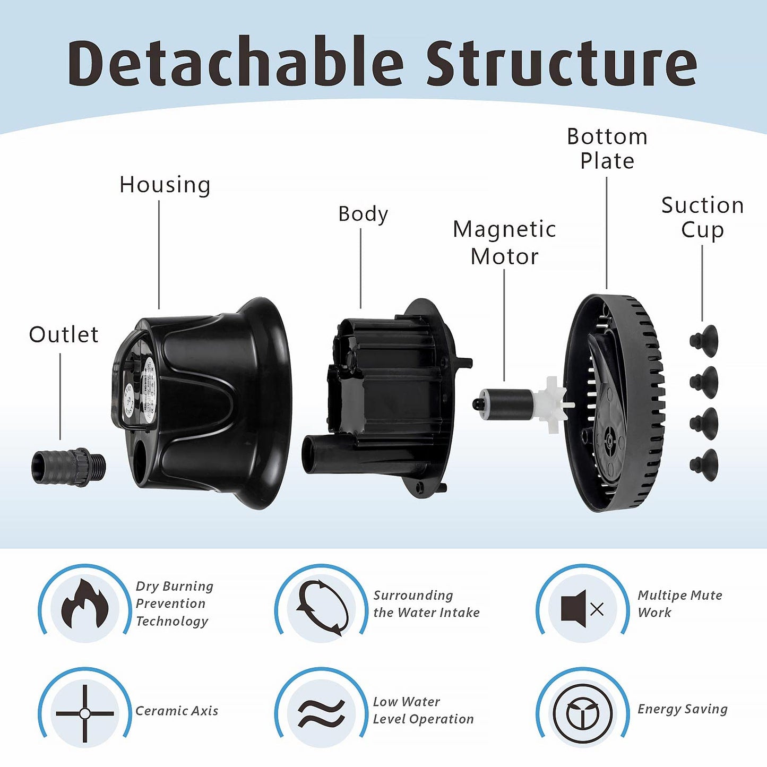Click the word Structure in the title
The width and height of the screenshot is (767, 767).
561,62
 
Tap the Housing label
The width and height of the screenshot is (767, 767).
165,185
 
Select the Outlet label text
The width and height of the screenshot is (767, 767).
64,335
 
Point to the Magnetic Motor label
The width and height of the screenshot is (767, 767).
504,243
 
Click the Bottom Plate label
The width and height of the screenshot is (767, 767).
607,149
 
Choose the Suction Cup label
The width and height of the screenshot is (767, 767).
702,218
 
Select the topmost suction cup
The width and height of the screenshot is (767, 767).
704,340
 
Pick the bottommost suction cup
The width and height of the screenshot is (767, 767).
704,465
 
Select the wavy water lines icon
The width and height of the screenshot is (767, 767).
321,712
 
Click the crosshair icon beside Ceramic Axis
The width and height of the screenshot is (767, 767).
85,713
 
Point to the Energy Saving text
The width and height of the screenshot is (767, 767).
682,709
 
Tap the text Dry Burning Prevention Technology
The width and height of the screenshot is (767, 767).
174,604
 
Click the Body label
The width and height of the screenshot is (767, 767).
363,214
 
